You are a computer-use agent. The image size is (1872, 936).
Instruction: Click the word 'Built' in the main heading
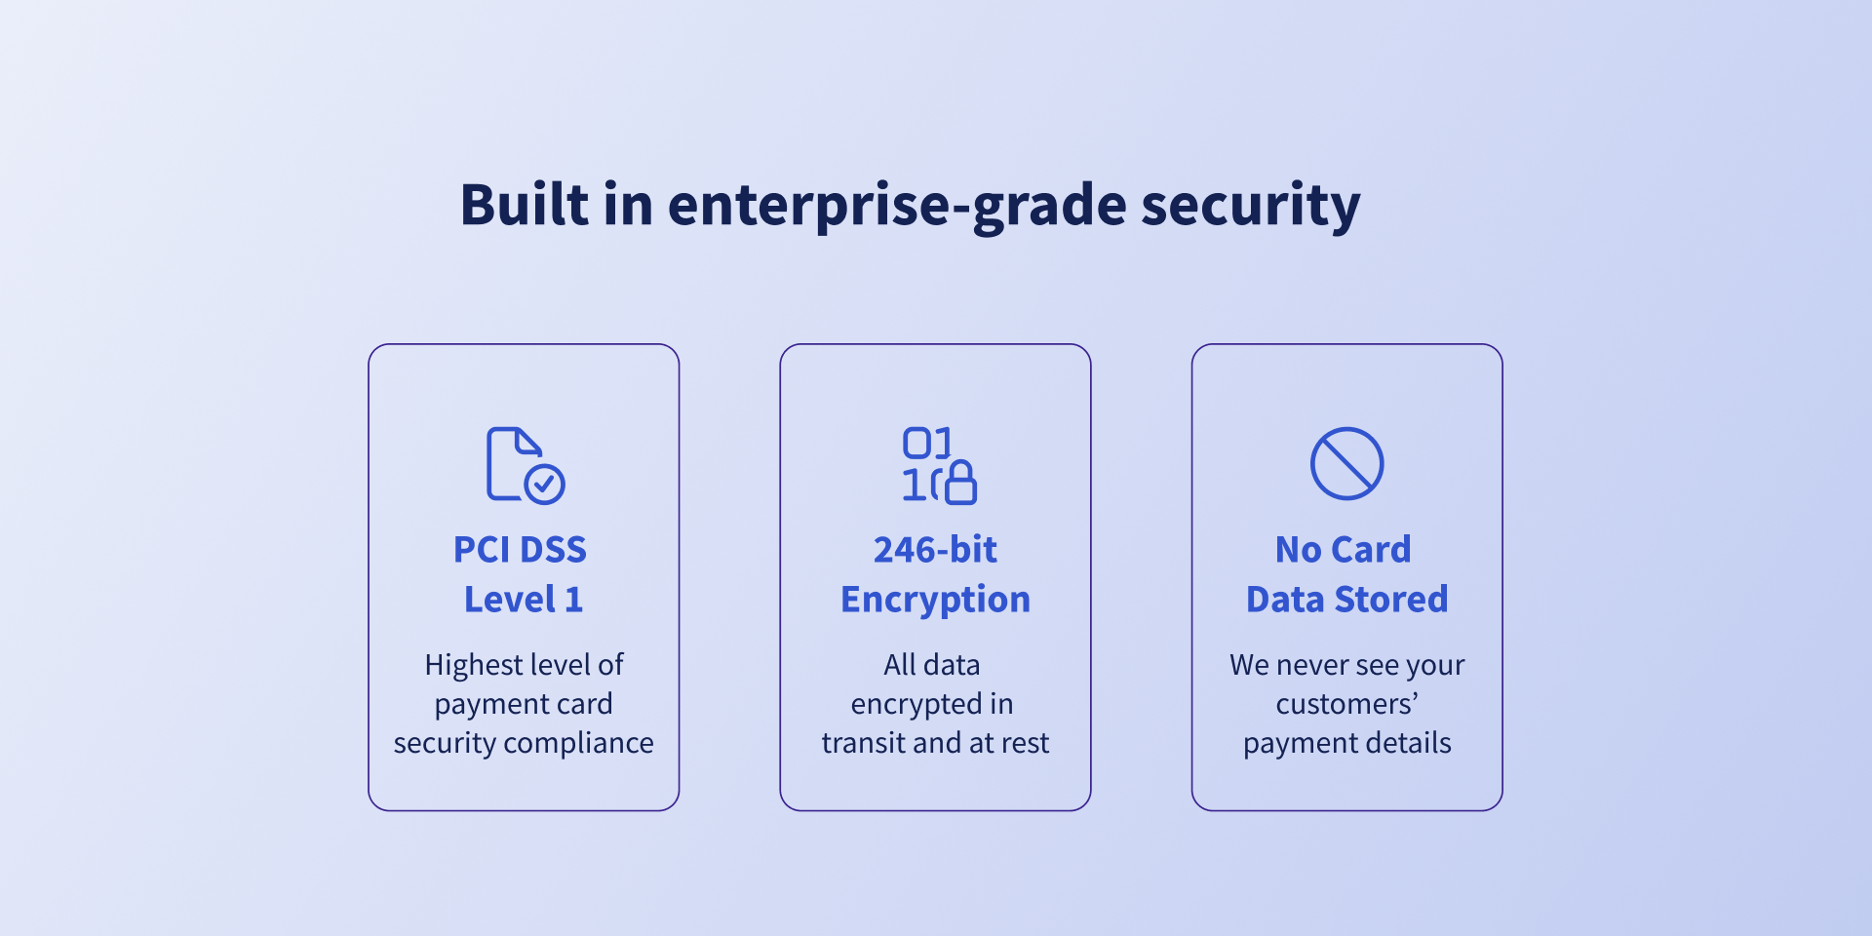[x=525, y=205]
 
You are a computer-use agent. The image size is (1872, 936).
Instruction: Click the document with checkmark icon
[x=526, y=465]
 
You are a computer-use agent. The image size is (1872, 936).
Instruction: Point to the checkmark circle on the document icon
[x=544, y=484]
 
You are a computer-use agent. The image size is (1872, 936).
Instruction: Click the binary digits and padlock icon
[x=939, y=465]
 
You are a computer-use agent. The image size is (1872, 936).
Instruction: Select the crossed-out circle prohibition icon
[x=1346, y=463]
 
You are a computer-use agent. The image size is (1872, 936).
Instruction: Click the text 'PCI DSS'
[x=520, y=550]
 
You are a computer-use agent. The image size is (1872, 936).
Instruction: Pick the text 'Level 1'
[x=524, y=599]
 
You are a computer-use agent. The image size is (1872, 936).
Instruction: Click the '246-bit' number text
[x=935, y=550]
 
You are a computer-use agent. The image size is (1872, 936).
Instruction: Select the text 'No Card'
[x=1343, y=550]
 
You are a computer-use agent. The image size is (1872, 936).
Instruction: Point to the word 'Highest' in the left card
[x=473, y=666]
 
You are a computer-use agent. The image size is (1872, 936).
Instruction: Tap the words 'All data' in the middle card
[x=932, y=665]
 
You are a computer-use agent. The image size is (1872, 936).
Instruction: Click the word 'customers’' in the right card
[x=1346, y=704]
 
